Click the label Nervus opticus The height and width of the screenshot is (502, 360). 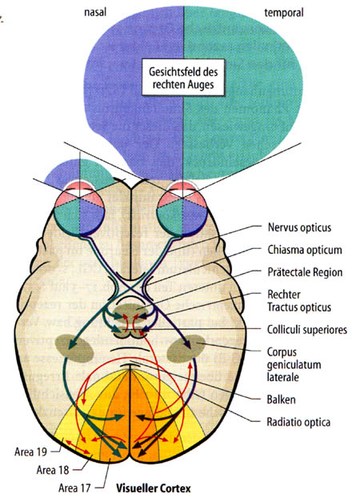(x=299, y=228)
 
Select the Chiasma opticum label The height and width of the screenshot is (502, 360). (x=305, y=250)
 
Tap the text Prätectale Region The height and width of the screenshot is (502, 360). (x=305, y=272)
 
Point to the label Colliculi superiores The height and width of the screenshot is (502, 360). (x=307, y=330)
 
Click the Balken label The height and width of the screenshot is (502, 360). (x=281, y=400)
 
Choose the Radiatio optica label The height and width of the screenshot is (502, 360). (x=298, y=422)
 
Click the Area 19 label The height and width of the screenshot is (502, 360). (x=30, y=452)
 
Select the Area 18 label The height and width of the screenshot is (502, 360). (x=53, y=470)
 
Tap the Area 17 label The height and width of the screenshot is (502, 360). (x=74, y=488)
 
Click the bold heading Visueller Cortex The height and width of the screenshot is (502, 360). (x=154, y=488)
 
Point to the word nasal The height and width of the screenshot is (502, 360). (x=95, y=12)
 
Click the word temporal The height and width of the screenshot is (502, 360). (x=283, y=13)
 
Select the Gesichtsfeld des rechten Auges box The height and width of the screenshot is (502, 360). (x=183, y=78)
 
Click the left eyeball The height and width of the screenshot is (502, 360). (x=79, y=208)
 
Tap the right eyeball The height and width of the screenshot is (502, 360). (x=182, y=208)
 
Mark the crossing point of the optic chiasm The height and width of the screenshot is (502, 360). (x=130, y=289)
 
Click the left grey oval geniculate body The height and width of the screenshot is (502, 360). (x=74, y=348)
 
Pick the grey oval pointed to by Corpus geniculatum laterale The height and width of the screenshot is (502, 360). (x=187, y=348)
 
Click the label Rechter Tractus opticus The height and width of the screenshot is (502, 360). (x=299, y=301)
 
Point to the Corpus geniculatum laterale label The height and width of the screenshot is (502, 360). (x=294, y=364)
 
